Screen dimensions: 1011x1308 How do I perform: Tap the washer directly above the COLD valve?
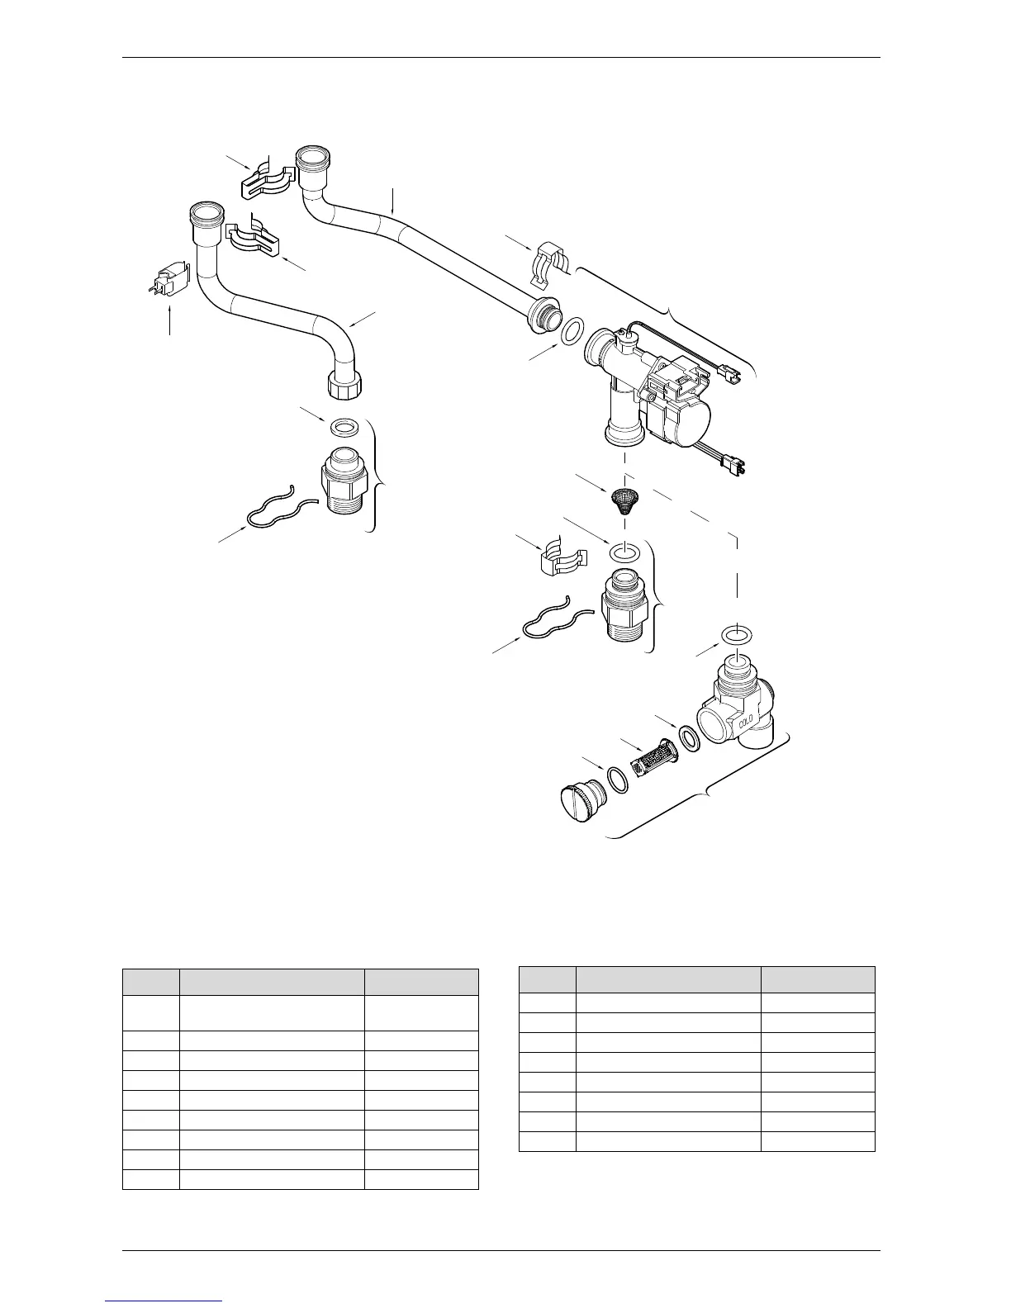pyautogui.click(x=736, y=635)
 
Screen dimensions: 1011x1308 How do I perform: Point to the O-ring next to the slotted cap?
pyautogui.click(x=617, y=778)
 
